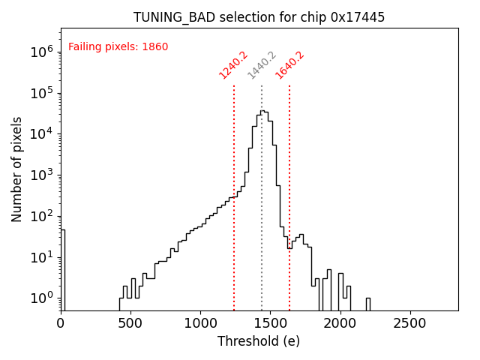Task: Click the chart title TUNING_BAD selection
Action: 259,17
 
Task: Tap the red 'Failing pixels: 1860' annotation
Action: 118,47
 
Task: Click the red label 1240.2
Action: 233,65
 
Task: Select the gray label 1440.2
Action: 262,65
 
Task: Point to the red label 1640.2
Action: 289,65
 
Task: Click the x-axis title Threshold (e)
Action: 259,341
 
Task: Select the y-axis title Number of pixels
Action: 17,169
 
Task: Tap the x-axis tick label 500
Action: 130,323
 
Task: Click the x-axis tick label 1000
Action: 200,323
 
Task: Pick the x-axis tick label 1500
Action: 270,323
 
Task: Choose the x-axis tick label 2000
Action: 340,323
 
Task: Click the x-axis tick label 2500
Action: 409,323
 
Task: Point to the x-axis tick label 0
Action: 61,323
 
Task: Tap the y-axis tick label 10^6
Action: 41,52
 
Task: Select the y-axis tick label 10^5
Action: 41,93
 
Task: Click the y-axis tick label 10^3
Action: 41,175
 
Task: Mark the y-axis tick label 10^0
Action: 41,298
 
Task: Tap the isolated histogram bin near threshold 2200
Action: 367,304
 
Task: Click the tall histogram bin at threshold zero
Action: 63,270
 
